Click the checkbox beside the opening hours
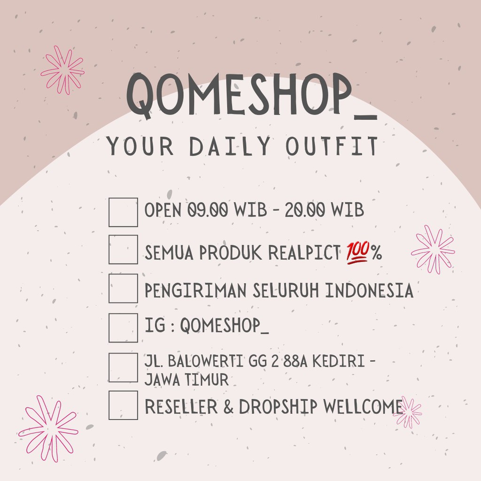[x=123, y=212]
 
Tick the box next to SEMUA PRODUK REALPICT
[x=123, y=249]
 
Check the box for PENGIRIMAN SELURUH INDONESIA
[x=123, y=288]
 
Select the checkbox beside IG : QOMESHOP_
[x=123, y=327]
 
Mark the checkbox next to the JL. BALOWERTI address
[x=123, y=367]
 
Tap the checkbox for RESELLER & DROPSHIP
[x=123, y=405]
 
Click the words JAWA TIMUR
[x=186, y=379]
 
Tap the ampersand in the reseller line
[x=228, y=407]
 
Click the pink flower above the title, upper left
[x=63, y=70]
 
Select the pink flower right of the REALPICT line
[x=433, y=249]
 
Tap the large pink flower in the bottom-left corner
[x=48, y=427]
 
